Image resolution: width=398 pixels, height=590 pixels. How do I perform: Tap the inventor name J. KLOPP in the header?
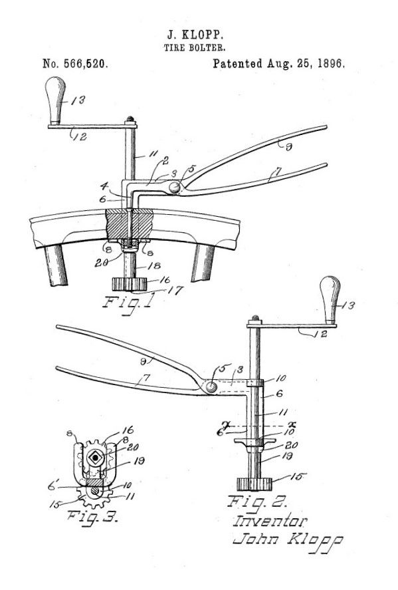[195, 35]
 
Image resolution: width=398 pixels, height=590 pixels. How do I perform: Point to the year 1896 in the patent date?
[330, 63]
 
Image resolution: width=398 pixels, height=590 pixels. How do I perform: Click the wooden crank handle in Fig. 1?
[55, 100]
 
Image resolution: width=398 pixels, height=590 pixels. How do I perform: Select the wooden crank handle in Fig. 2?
[330, 299]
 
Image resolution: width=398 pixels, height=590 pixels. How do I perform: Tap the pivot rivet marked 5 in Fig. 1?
[173, 187]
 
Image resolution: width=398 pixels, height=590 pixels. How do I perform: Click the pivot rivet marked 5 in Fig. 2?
[211, 387]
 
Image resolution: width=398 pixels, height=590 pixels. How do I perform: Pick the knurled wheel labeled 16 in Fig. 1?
[129, 284]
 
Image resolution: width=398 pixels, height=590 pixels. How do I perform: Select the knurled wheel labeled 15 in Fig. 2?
[254, 484]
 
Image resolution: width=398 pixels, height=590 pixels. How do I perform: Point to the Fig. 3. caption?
[93, 517]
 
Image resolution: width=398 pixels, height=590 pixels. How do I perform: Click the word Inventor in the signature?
[270, 521]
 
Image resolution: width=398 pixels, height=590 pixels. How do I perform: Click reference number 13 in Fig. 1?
[78, 100]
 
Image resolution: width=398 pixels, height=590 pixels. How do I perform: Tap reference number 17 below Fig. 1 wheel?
[175, 290]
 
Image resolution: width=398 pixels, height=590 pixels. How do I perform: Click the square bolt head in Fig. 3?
[95, 457]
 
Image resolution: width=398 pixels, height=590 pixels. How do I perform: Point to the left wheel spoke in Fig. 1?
[56, 265]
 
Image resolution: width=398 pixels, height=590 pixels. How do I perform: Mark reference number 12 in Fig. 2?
[321, 334]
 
